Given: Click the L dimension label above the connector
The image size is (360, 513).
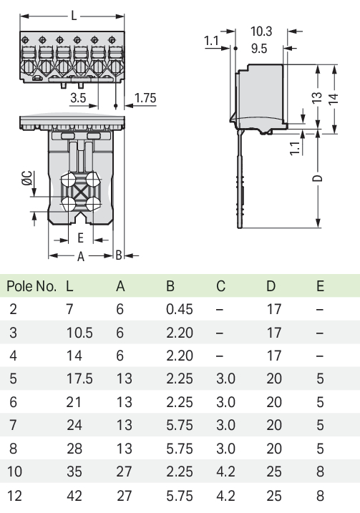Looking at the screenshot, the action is tap(74, 15).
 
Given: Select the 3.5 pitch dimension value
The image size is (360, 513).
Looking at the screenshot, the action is tap(78, 97).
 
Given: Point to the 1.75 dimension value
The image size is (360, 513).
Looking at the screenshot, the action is tap(145, 97).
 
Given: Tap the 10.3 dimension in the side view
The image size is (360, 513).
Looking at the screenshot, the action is tap(261, 31).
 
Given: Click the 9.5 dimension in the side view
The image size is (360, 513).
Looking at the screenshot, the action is tap(259, 49).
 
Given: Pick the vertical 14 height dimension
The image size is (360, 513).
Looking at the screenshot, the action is tap(334, 99).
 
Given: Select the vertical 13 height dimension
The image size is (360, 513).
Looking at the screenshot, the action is tap(317, 97).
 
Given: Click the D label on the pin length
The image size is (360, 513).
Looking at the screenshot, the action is tap(318, 178).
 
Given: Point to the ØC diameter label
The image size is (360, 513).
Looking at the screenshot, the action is tap(27, 178).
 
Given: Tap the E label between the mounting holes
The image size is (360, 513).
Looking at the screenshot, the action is tap(80, 238).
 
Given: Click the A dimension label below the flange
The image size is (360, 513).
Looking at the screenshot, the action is tap(80, 257).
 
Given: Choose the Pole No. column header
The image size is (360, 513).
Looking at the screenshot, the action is tap(31, 286).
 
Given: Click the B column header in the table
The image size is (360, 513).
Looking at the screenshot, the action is tap(170, 286).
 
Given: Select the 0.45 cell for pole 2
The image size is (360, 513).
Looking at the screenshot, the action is tap(180, 309).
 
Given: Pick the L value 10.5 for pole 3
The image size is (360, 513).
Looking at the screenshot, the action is tap(79, 333).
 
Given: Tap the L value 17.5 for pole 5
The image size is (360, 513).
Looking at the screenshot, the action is tap(79, 378).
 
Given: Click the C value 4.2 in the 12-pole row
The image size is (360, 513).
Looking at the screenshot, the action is tap(225, 496).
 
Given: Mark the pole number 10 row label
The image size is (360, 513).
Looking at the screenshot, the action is tap(15, 472).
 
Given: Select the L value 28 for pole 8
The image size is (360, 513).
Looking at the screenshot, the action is tap(74, 449).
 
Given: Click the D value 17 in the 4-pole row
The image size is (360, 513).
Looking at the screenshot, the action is tap(274, 356).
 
